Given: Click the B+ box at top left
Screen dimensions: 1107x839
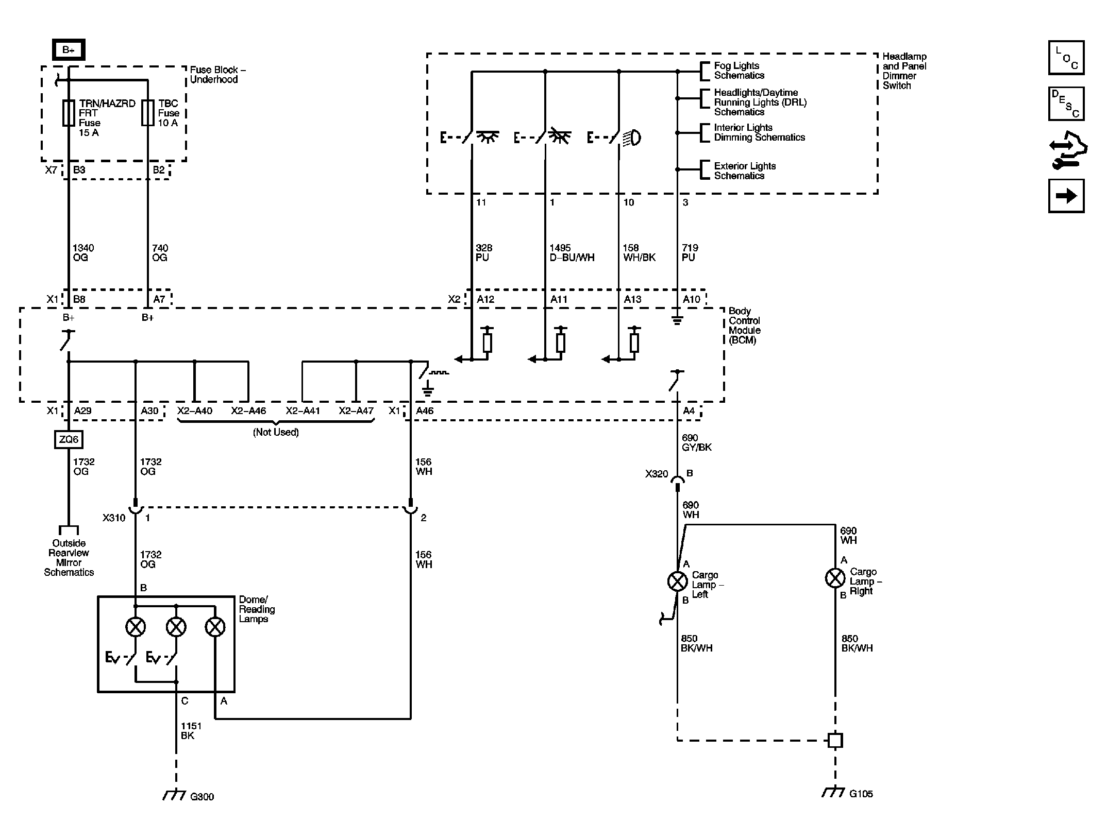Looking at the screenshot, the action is [69, 50].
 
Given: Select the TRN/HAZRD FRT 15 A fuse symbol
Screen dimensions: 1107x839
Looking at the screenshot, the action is [69, 113].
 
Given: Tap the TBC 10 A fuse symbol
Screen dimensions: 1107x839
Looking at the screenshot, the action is [148, 113].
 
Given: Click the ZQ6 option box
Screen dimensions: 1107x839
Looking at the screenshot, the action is [69, 439].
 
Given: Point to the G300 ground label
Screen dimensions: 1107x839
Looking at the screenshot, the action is [202, 797].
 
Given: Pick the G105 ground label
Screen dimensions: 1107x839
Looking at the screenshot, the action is [861, 794].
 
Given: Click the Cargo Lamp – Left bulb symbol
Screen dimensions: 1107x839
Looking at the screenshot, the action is [677, 581].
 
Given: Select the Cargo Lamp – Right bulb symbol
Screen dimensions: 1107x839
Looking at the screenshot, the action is [835, 578].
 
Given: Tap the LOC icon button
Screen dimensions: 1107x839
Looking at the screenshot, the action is [1066, 58].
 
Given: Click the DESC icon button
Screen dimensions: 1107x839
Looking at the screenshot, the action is [1066, 104].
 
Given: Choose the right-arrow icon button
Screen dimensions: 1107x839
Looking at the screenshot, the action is [1066, 196].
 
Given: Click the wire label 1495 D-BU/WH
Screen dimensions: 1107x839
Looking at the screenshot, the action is [572, 253].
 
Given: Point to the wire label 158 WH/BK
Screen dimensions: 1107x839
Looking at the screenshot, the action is [639, 253].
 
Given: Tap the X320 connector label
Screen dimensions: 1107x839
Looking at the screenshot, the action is [656, 474].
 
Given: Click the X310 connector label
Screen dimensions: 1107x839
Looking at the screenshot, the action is [114, 518].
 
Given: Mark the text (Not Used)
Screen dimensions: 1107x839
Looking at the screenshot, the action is [276, 432].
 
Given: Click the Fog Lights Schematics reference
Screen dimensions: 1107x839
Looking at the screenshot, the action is [739, 71].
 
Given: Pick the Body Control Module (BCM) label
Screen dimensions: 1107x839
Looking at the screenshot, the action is [744, 326].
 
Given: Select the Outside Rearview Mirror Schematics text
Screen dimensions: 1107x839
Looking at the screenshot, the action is [69, 558].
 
